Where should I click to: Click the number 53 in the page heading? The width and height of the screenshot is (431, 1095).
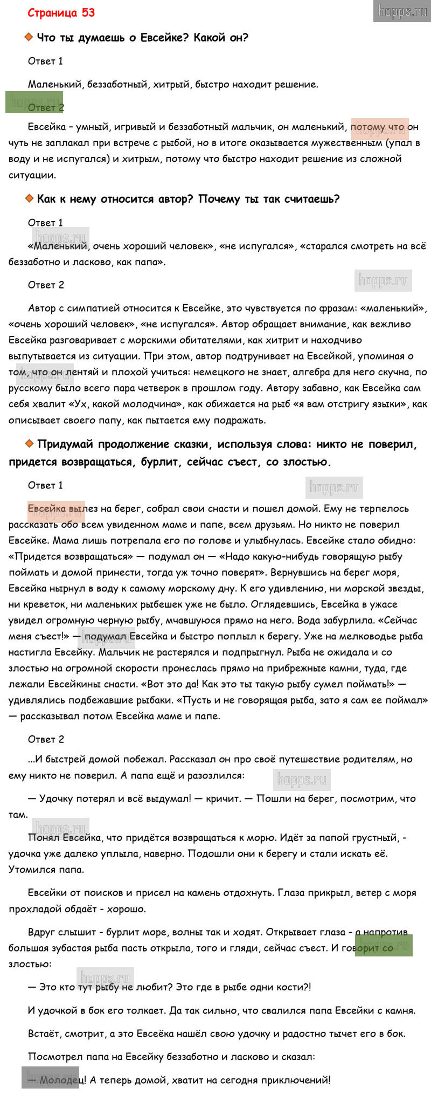pyautogui.click(x=88, y=13)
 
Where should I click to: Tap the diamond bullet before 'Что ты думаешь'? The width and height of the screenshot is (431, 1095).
pyautogui.click(x=29, y=37)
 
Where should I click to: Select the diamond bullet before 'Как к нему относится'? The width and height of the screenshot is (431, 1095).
pyautogui.click(x=29, y=198)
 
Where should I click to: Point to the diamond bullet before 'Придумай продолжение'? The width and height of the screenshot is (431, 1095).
pyautogui.click(x=29, y=444)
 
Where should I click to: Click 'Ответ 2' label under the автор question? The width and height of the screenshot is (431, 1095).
pyautogui.click(x=46, y=285)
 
